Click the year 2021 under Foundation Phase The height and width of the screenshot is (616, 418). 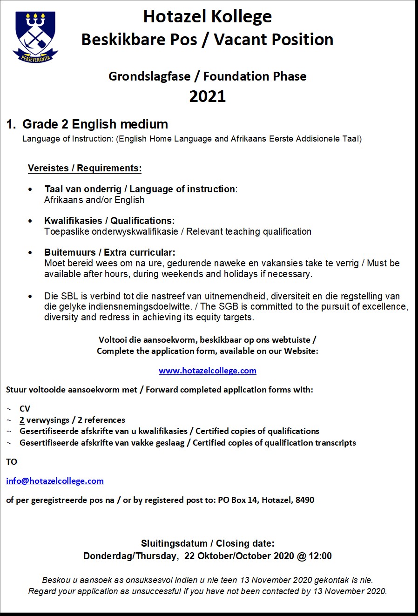point(207,96)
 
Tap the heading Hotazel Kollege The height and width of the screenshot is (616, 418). point(207,17)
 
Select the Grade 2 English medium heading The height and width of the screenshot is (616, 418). point(95,124)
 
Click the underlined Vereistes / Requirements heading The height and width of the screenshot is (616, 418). point(85,168)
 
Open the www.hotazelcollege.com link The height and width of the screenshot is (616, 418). point(207,371)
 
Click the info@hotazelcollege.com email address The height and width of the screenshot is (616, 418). point(55,481)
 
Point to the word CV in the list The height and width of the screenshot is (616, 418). point(25,409)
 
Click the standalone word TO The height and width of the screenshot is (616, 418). point(12,462)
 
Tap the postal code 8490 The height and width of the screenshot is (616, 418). point(305,500)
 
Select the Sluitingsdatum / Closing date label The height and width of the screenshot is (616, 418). point(208,543)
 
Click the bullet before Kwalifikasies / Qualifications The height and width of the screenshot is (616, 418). point(31,221)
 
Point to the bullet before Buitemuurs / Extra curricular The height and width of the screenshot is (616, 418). point(31,253)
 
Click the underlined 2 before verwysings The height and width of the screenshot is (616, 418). point(22,420)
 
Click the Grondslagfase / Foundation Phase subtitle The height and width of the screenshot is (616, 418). point(207,76)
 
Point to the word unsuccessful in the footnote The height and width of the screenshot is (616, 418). point(152,591)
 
